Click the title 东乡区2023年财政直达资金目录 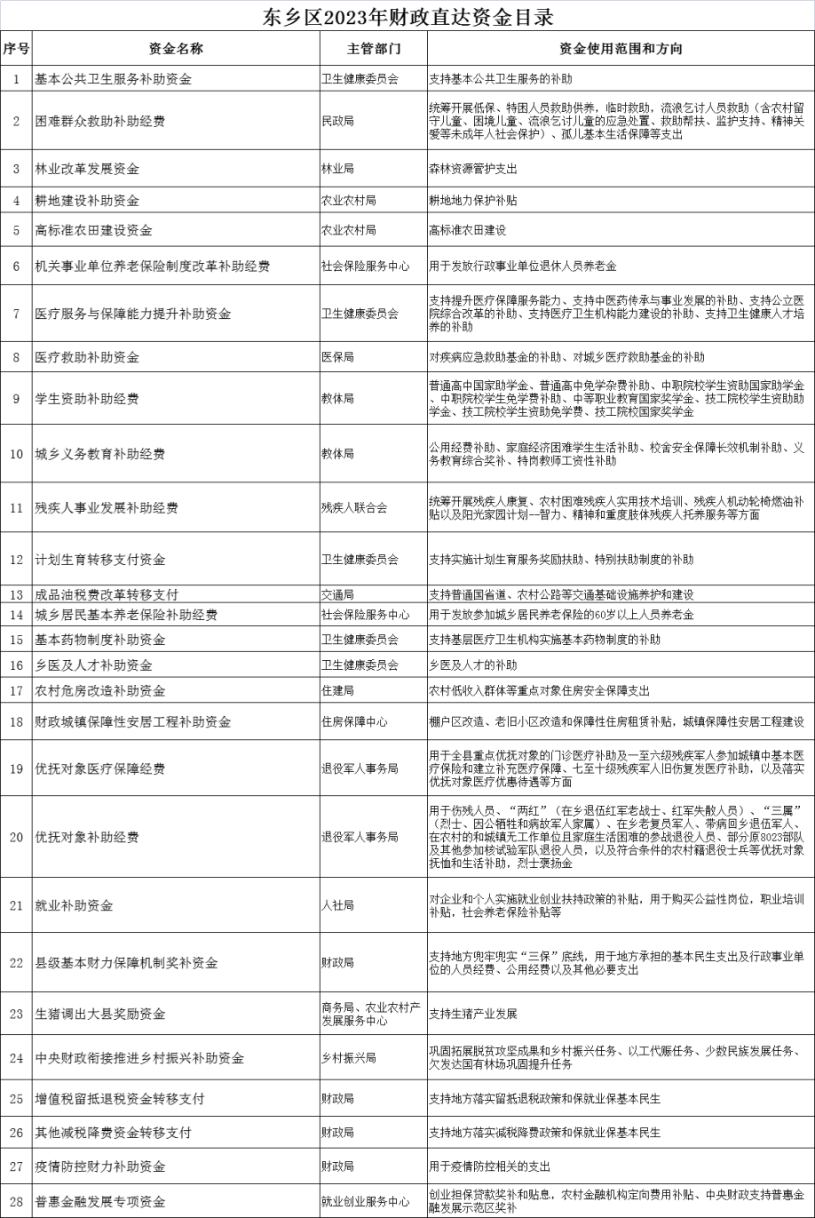(407, 17)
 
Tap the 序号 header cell (16, 48)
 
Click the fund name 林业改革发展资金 (86, 168)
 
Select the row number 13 (16, 593)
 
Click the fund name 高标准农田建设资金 (93, 229)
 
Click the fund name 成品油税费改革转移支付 (107, 593)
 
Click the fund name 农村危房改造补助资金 (99, 690)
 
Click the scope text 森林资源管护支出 (472, 168)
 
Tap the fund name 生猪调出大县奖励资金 (99, 1014)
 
